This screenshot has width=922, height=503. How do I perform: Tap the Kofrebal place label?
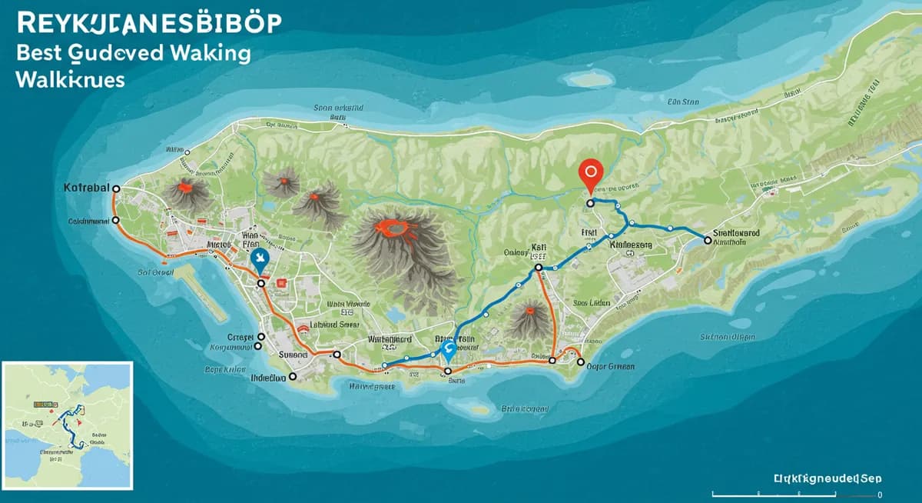[x=87, y=188]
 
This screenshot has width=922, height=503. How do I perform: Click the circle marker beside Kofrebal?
[x=116, y=188]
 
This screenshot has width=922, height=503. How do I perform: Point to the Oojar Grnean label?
[x=610, y=367]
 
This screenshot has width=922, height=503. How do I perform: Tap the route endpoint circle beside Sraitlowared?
[x=708, y=241]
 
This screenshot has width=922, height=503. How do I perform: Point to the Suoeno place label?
[x=292, y=355]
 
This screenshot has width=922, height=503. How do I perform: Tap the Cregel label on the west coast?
[x=240, y=337]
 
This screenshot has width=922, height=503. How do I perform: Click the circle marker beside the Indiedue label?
[x=293, y=378]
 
